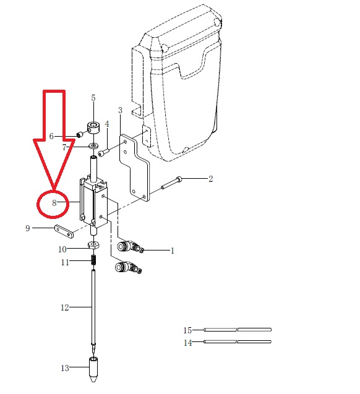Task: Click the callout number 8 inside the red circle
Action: (54, 203)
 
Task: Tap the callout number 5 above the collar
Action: (93, 98)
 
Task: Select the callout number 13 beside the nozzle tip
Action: (65, 368)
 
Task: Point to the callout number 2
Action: (210, 179)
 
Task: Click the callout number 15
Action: (187, 330)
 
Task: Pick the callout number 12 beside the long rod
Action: (65, 307)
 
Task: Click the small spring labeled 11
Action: (93, 260)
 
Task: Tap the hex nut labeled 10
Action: (93, 244)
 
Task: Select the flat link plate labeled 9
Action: (64, 231)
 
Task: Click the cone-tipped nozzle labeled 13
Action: (93, 369)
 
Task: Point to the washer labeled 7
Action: (93, 145)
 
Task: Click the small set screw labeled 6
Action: (79, 135)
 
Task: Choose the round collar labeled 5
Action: (93, 128)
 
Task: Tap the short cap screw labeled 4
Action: (104, 152)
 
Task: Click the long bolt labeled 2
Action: (171, 182)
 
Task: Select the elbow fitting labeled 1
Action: (131, 247)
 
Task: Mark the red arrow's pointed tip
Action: (54, 189)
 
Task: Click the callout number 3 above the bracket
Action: (120, 110)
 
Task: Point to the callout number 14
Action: (187, 343)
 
